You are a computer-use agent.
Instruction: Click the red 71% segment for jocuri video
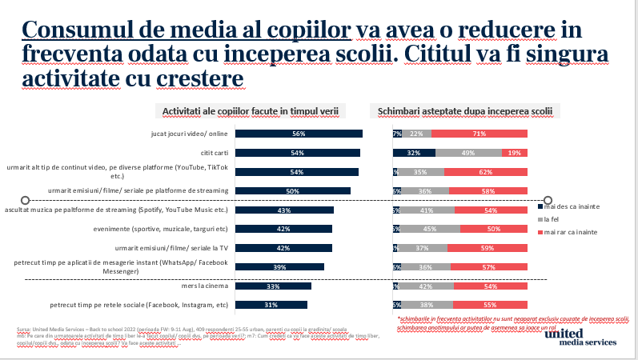[x=480, y=134]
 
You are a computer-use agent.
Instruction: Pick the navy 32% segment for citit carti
[x=414, y=153]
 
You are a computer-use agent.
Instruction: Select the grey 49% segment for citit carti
[x=468, y=153]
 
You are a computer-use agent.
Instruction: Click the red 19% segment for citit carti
[x=514, y=153]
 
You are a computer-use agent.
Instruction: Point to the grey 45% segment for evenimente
[x=429, y=229]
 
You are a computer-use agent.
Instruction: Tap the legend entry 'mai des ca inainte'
[x=575, y=206]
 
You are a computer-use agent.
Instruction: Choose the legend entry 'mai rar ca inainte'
[x=575, y=231]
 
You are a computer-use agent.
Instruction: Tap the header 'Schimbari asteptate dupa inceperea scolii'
[x=463, y=111]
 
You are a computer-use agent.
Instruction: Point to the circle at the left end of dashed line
[x=26, y=200]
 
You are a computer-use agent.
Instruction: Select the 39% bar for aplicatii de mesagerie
[x=283, y=266]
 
